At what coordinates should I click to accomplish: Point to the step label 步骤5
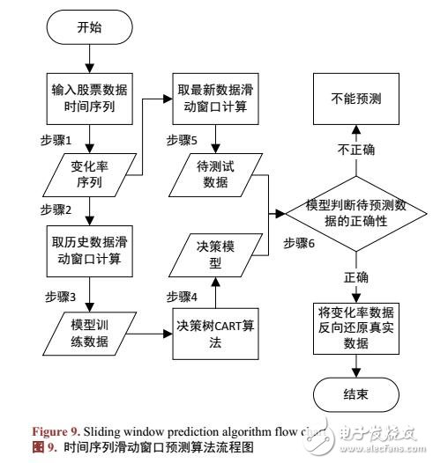(x=182, y=139)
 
